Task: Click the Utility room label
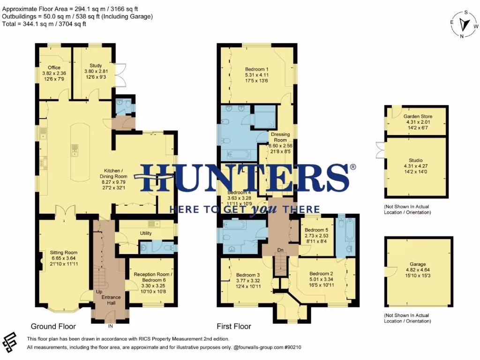point(146,233)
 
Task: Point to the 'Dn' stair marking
point(280,250)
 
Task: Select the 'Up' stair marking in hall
point(99,292)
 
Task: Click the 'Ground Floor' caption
point(53,326)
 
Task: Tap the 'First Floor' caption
point(234,326)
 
